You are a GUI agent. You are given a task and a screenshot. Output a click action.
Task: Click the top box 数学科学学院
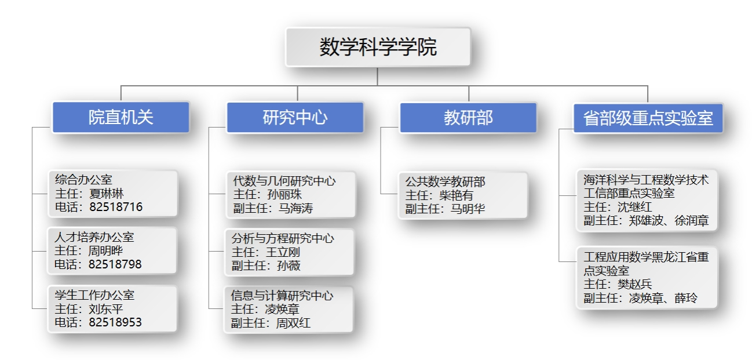[x=378, y=47]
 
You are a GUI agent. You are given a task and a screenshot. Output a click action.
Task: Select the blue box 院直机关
[x=121, y=118]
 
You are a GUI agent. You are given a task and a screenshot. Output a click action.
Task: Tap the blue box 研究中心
[x=295, y=118]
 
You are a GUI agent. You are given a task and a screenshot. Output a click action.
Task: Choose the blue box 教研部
[x=468, y=118]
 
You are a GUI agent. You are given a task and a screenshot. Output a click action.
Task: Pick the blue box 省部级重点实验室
[x=648, y=118]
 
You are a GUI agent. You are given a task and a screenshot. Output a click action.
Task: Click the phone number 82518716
[x=115, y=207]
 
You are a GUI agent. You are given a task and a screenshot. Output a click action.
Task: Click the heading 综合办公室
[x=83, y=180]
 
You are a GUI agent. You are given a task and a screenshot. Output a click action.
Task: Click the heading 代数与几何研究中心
[x=284, y=181]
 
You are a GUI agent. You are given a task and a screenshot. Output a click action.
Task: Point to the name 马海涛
[x=295, y=208]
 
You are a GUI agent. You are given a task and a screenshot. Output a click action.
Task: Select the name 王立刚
[x=283, y=252]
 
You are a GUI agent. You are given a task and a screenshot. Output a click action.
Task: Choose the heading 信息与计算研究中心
[x=282, y=296]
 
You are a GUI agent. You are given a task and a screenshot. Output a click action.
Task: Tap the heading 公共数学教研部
[x=445, y=182]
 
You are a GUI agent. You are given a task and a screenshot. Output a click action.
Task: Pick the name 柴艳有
[x=456, y=195]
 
